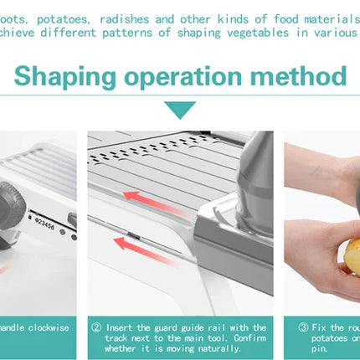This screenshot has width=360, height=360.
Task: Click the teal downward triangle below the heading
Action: (180, 110)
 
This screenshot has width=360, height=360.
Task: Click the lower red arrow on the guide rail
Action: (136, 242)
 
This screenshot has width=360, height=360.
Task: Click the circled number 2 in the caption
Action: (96, 327)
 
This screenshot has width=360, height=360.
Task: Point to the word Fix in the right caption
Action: (319, 327)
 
